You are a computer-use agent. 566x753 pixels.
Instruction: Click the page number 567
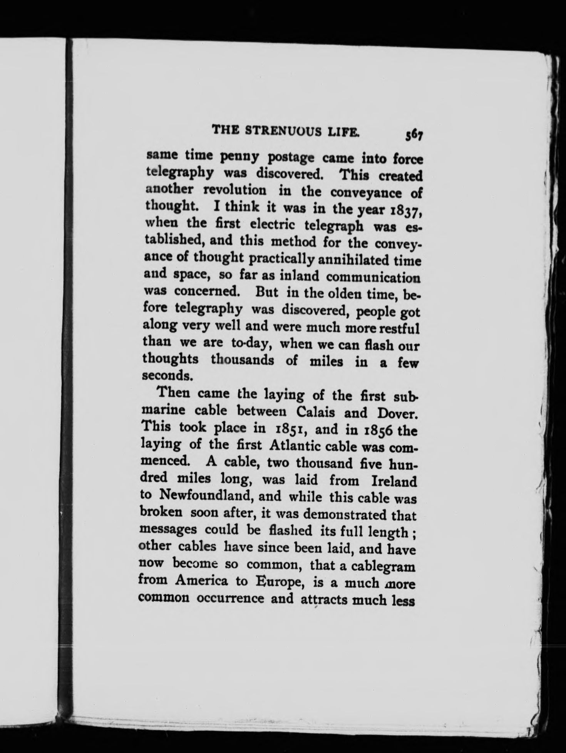(x=414, y=135)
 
